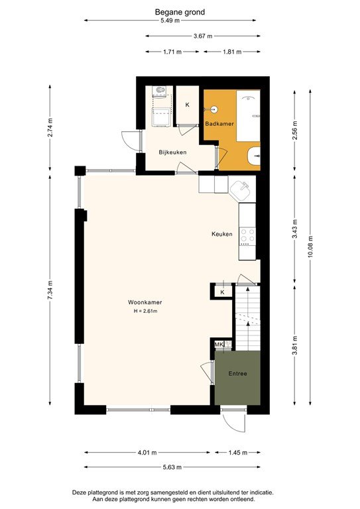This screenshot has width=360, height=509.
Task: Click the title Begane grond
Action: point(180,12)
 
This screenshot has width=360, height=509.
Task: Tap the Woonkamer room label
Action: point(145,302)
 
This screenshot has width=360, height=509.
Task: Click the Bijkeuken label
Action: point(172,152)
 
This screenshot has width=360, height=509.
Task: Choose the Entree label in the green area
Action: point(237,374)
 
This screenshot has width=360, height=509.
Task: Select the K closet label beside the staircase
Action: point(222,292)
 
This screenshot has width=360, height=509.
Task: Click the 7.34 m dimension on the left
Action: point(50,290)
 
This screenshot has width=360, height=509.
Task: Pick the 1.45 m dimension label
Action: point(237,453)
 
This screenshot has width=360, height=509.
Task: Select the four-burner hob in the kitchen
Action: point(248,235)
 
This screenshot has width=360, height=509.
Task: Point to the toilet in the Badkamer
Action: point(254,156)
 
